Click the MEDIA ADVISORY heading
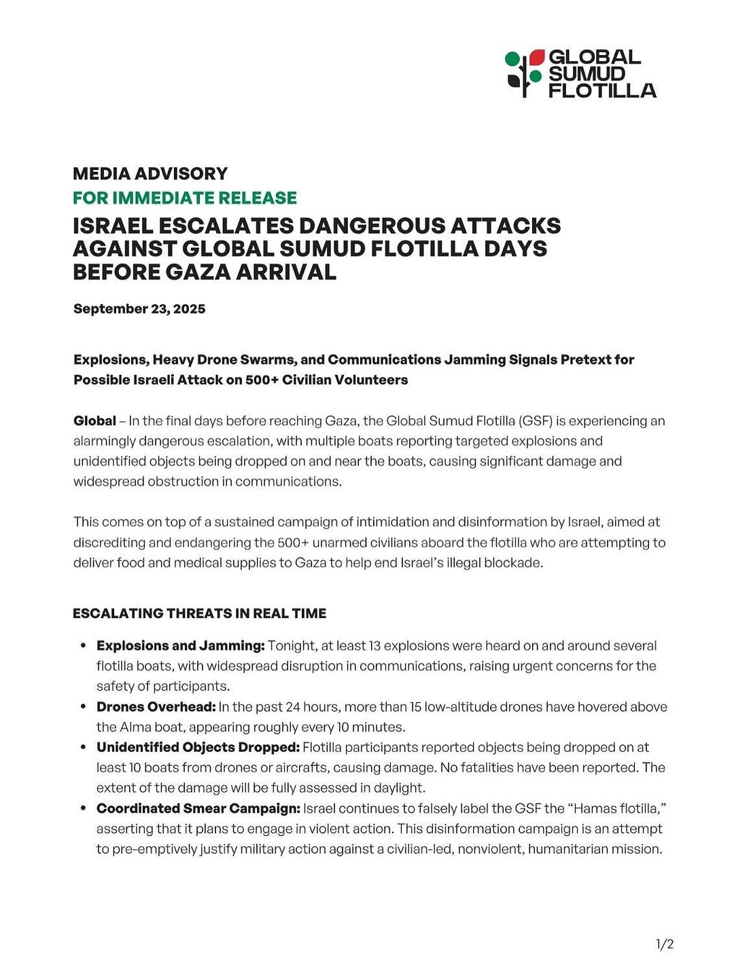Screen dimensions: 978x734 tap(150, 173)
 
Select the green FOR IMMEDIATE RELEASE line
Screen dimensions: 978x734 tap(185, 198)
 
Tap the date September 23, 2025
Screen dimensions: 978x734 tap(139, 309)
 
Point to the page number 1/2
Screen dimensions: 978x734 tap(664, 944)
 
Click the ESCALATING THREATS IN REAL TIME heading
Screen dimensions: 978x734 tap(199, 613)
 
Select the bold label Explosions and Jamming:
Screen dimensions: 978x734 tap(180, 645)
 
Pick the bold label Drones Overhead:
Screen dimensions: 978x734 tap(156, 706)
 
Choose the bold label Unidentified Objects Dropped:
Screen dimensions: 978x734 tap(198, 747)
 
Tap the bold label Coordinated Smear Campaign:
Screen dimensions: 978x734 tap(198, 808)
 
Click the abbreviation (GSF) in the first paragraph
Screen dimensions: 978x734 tap(535, 421)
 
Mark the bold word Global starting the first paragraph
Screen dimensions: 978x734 tap(94, 421)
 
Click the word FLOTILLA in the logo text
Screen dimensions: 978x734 tap(602, 91)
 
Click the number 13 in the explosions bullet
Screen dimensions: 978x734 tap(373, 645)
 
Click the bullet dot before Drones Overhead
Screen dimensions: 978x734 tap(82, 706)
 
